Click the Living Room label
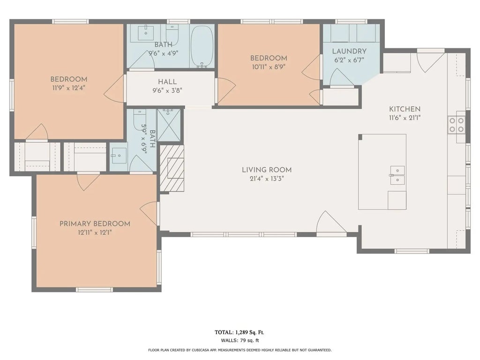tap(267, 170)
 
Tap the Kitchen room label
tap(405, 109)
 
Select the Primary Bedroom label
tap(95, 224)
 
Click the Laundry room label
tap(349, 51)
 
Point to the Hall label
tap(167, 82)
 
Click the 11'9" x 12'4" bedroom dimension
tap(68, 88)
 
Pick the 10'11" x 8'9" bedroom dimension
tap(269, 67)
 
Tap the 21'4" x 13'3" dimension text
tap(267, 179)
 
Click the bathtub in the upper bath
tap(202, 46)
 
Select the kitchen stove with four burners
tap(457, 125)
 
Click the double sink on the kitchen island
tap(397, 176)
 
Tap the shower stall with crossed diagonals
tap(169, 125)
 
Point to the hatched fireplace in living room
tap(172, 168)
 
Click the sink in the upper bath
tap(146, 33)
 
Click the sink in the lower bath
tap(119, 156)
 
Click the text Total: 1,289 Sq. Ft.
tap(240, 332)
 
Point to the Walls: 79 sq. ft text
tap(240, 340)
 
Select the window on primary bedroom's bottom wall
tap(95, 290)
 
